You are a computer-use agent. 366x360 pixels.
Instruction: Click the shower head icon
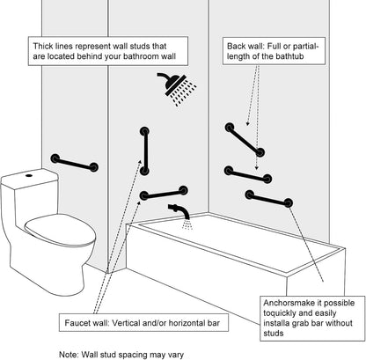[177, 87]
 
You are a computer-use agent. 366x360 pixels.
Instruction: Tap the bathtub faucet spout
[179, 210]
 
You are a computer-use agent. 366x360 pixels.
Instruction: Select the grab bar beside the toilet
[74, 163]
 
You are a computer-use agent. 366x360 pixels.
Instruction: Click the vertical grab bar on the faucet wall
[144, 151]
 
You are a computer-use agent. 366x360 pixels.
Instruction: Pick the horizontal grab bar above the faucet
[164, 193]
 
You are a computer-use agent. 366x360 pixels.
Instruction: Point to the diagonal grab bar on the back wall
[245, 140]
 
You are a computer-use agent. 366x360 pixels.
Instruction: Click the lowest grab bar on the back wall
[269, 199]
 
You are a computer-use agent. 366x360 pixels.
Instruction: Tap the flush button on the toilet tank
[29, 175]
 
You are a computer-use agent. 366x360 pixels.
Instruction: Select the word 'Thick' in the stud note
[43, 46]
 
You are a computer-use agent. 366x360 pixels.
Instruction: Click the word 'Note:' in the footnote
[69, 354]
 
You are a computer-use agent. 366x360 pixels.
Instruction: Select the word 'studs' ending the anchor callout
[274, 334]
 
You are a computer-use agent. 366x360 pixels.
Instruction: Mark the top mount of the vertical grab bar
[144, 131]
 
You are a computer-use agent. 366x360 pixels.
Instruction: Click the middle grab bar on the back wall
[248, 174]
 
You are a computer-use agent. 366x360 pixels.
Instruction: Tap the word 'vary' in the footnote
[175, 355]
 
